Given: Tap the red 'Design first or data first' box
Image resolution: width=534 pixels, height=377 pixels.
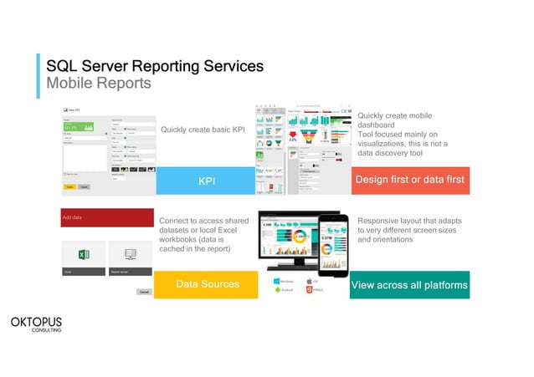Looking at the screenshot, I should [x=410, y=181].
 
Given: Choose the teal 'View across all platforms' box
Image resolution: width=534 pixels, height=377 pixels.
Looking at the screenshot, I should [x=409, y=285].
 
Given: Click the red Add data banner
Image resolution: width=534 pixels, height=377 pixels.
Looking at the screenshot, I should [x=106, y=217].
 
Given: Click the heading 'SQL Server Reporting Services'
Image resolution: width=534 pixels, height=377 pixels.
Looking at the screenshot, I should [x=155, y=66].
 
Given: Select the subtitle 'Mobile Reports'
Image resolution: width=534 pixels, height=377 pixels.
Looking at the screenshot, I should [x=99, y=84].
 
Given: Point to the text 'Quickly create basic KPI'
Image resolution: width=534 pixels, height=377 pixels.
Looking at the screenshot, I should [x=202, y=130].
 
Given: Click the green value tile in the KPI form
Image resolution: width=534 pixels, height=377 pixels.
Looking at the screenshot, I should [x=80, y=127].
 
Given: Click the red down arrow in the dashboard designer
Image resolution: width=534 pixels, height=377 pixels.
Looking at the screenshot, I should [x=293, y=135].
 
